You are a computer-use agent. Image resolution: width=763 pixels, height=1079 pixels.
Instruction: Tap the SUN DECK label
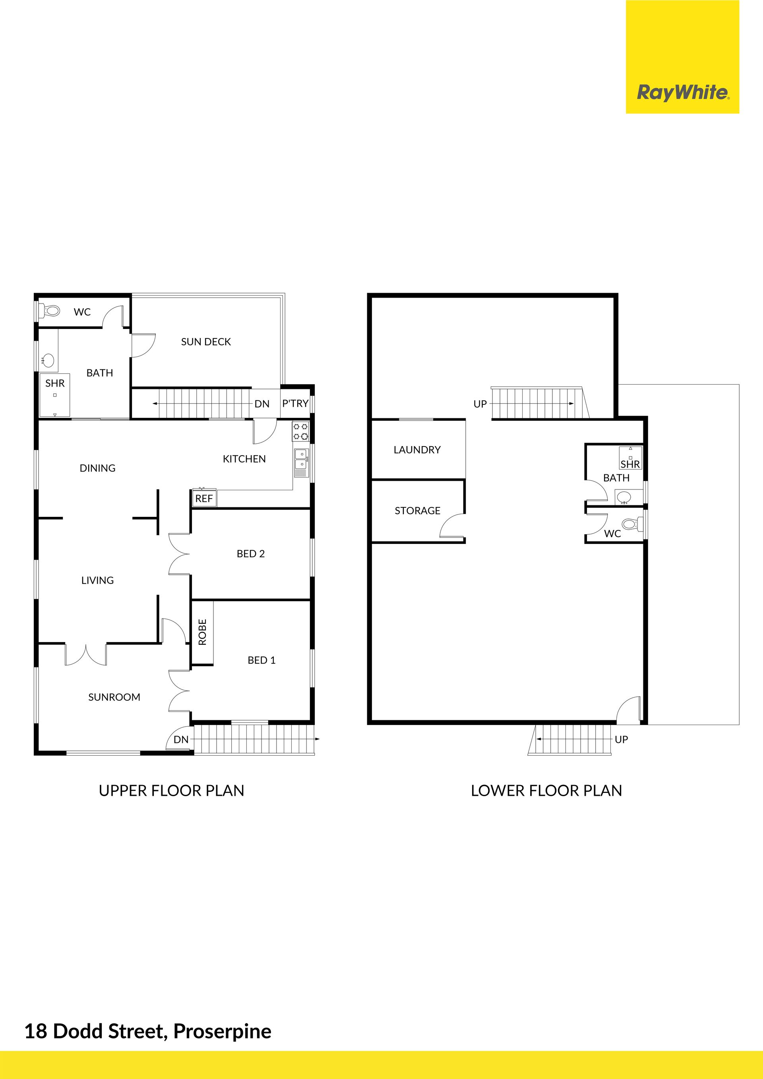206,342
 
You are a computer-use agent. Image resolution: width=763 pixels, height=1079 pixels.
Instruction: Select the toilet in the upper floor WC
50,311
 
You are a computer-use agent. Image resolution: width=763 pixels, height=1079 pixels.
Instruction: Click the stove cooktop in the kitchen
300,431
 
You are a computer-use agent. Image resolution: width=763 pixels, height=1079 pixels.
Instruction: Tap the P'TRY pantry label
295,403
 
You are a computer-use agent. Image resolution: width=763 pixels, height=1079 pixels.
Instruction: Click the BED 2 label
251,553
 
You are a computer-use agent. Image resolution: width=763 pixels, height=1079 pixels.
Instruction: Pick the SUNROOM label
114,697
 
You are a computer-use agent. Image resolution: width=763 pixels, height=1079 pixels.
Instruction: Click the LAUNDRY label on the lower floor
417,450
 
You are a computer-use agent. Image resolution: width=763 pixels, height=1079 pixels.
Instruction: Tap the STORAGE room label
417,510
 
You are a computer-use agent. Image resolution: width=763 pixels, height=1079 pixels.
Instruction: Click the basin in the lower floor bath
624,496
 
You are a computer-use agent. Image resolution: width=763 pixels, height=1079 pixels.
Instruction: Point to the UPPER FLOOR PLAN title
172,791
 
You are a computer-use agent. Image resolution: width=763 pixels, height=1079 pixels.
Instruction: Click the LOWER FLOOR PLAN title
546,791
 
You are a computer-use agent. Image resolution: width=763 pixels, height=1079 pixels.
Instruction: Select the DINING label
97,468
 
